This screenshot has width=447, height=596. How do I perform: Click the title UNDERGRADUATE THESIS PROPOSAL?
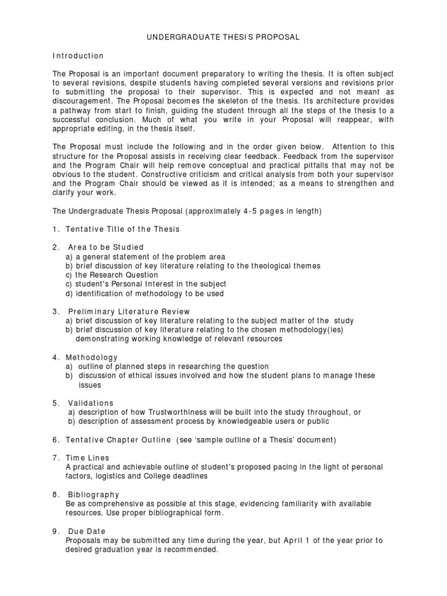point(223,37)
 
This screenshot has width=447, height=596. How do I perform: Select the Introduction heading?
point(78,56)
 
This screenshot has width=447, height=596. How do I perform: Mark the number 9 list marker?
point(55,531)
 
